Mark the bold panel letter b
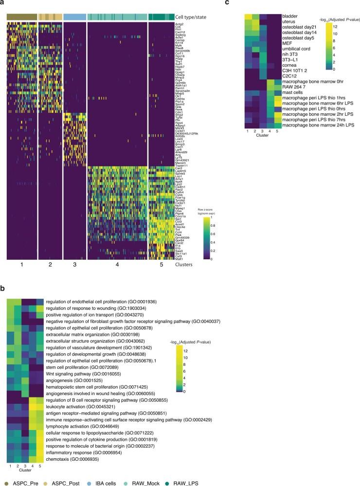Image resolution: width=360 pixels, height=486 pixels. (x=3, y=287)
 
